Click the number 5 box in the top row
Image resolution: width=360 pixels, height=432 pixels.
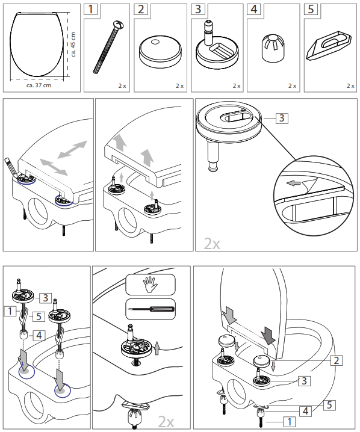pyautogui.click(x=311, y=10)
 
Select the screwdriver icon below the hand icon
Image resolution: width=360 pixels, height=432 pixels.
pyautogui.click(x=150, y=309)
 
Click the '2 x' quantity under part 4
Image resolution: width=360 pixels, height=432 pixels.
pyautogui.click(x=292, y=86)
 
